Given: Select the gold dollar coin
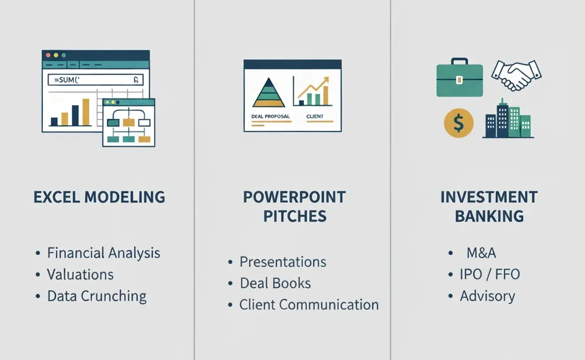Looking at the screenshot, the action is pos(459,123).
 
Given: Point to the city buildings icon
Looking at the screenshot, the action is pos(508,119).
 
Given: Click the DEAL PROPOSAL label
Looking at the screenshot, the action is pos(270,117).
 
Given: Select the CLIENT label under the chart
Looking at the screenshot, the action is pos(315,117).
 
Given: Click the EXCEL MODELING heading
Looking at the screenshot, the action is pos(99,197).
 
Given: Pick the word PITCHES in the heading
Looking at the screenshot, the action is pos(295,217).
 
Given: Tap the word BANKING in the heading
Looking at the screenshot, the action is pos(489,217).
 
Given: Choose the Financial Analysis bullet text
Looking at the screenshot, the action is pos(103,253).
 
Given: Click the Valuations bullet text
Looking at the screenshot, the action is pos(80,274).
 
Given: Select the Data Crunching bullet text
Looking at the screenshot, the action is pos(97,296).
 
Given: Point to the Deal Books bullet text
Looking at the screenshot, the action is pos(275,283).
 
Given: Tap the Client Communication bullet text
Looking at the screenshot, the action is pos(309,305).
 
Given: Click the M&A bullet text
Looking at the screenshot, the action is pos(481,253).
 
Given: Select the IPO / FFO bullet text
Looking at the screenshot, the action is pos(490,274).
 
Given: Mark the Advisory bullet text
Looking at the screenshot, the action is pos(487,296).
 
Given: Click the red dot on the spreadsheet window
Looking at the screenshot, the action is pos(48,55).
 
